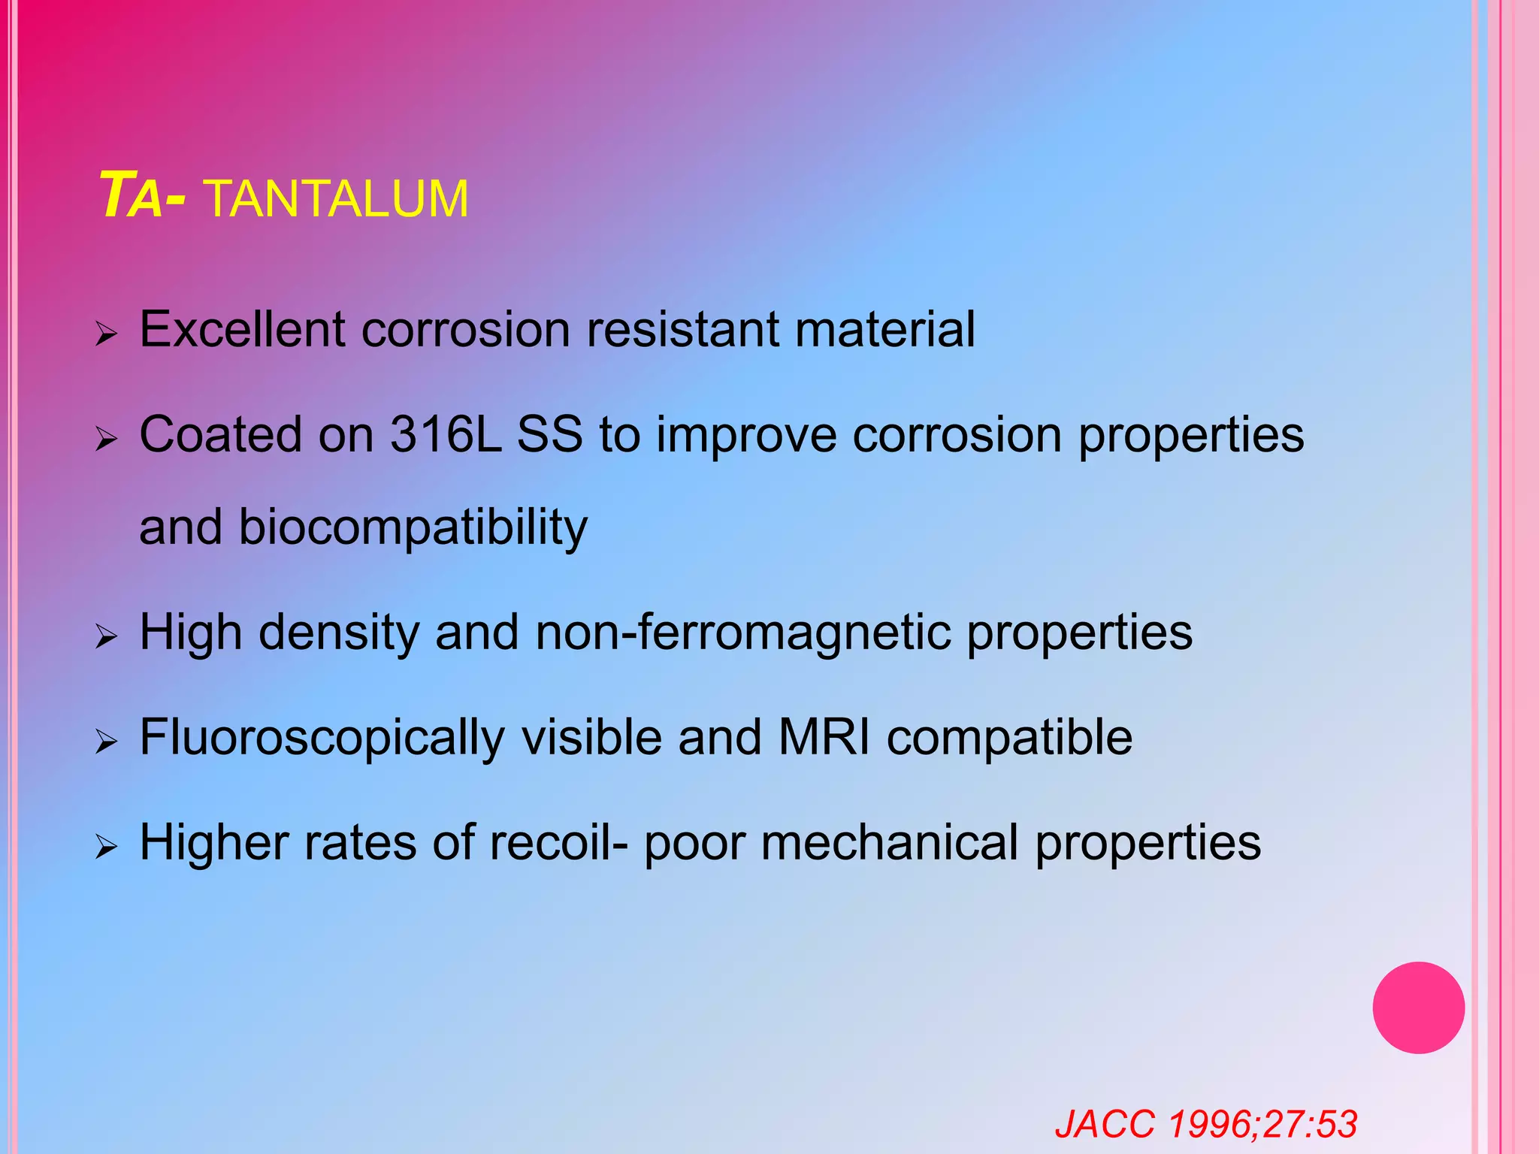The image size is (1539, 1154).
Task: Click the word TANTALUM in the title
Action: coord(336,199)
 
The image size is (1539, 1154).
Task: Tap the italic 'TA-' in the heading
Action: coord(142,197)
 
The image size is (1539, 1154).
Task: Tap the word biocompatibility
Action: coord(413,527)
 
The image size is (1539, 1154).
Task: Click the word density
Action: coord(339,633)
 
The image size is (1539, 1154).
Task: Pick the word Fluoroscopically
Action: coord(322,738)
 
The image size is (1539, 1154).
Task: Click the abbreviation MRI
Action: coord(824,737)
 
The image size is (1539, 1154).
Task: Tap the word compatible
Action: coord(1009,738)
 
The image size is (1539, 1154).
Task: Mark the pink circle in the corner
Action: coord(1418,1007)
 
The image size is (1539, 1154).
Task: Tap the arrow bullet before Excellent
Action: coord(107,334)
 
